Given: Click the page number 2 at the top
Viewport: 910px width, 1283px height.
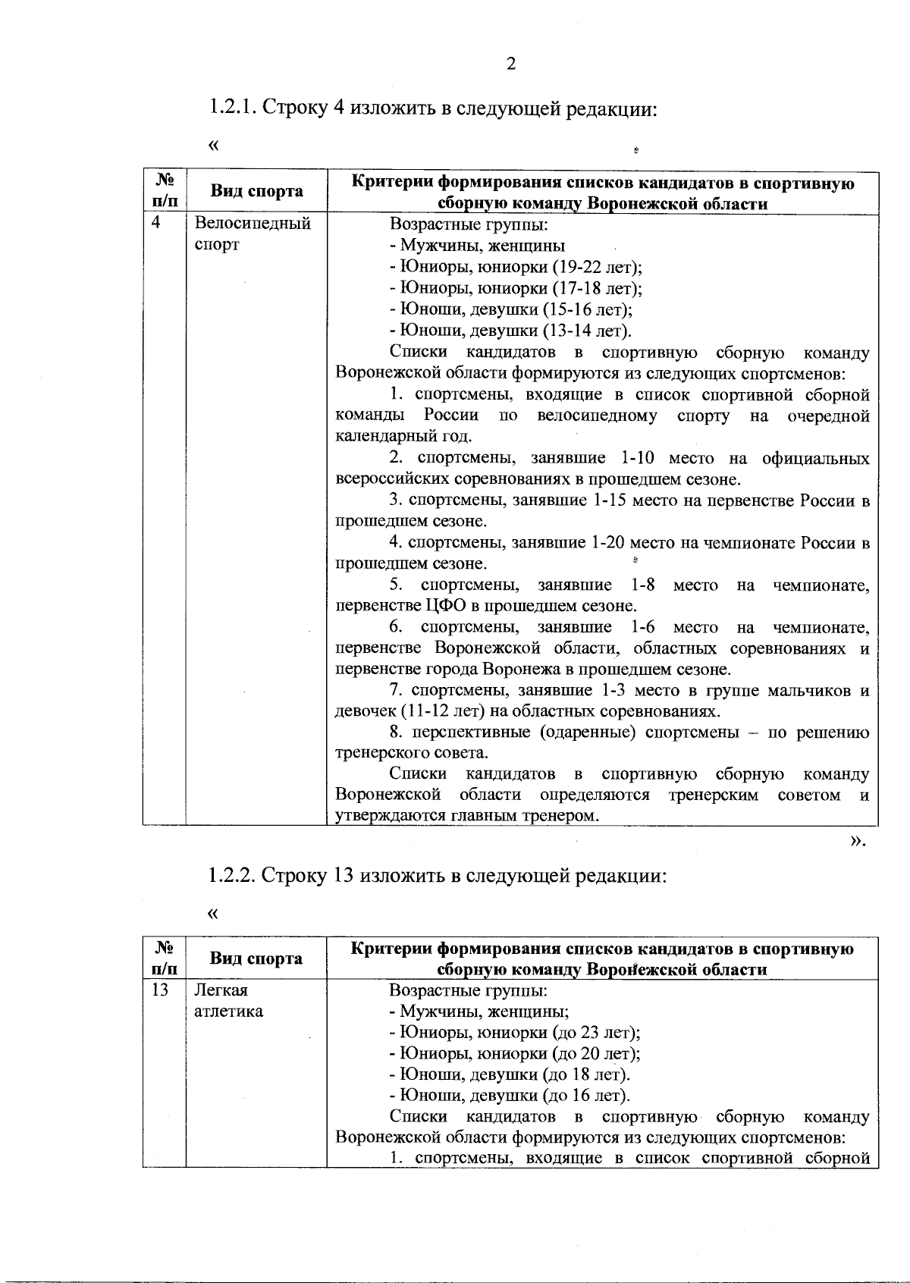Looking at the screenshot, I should click(510, 64).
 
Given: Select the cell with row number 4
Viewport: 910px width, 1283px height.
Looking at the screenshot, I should click(157, 223).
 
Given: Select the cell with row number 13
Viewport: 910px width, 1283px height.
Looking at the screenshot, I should click(160, 990).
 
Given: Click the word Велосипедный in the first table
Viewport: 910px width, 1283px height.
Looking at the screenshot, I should click(253, 224).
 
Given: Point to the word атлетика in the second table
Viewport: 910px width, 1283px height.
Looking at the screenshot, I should click(229, 1012).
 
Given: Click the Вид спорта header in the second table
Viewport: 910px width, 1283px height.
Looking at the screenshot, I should click(256, 958).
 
